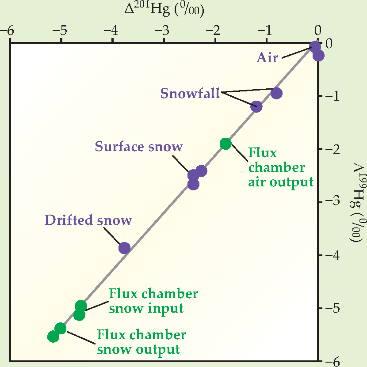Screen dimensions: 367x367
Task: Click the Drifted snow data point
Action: click(x=124, y=248)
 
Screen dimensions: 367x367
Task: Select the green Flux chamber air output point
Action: click(x=226, y=144)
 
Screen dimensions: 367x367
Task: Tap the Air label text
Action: click(x=268, y=57)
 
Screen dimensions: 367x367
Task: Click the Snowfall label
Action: click(x=190, y=94)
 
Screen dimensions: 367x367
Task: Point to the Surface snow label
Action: click(x=138, y=146)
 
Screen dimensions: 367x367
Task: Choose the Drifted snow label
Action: click(x=88, y=220)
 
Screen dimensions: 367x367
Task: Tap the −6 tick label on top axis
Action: click(x=8, y=30)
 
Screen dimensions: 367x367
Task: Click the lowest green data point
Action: click(x=54, y=337)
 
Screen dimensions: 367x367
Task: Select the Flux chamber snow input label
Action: click(x=153, y=300)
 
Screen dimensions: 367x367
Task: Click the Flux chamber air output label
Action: click(x=280, y=167)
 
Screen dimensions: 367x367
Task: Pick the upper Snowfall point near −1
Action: click(x=276, y=93)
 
